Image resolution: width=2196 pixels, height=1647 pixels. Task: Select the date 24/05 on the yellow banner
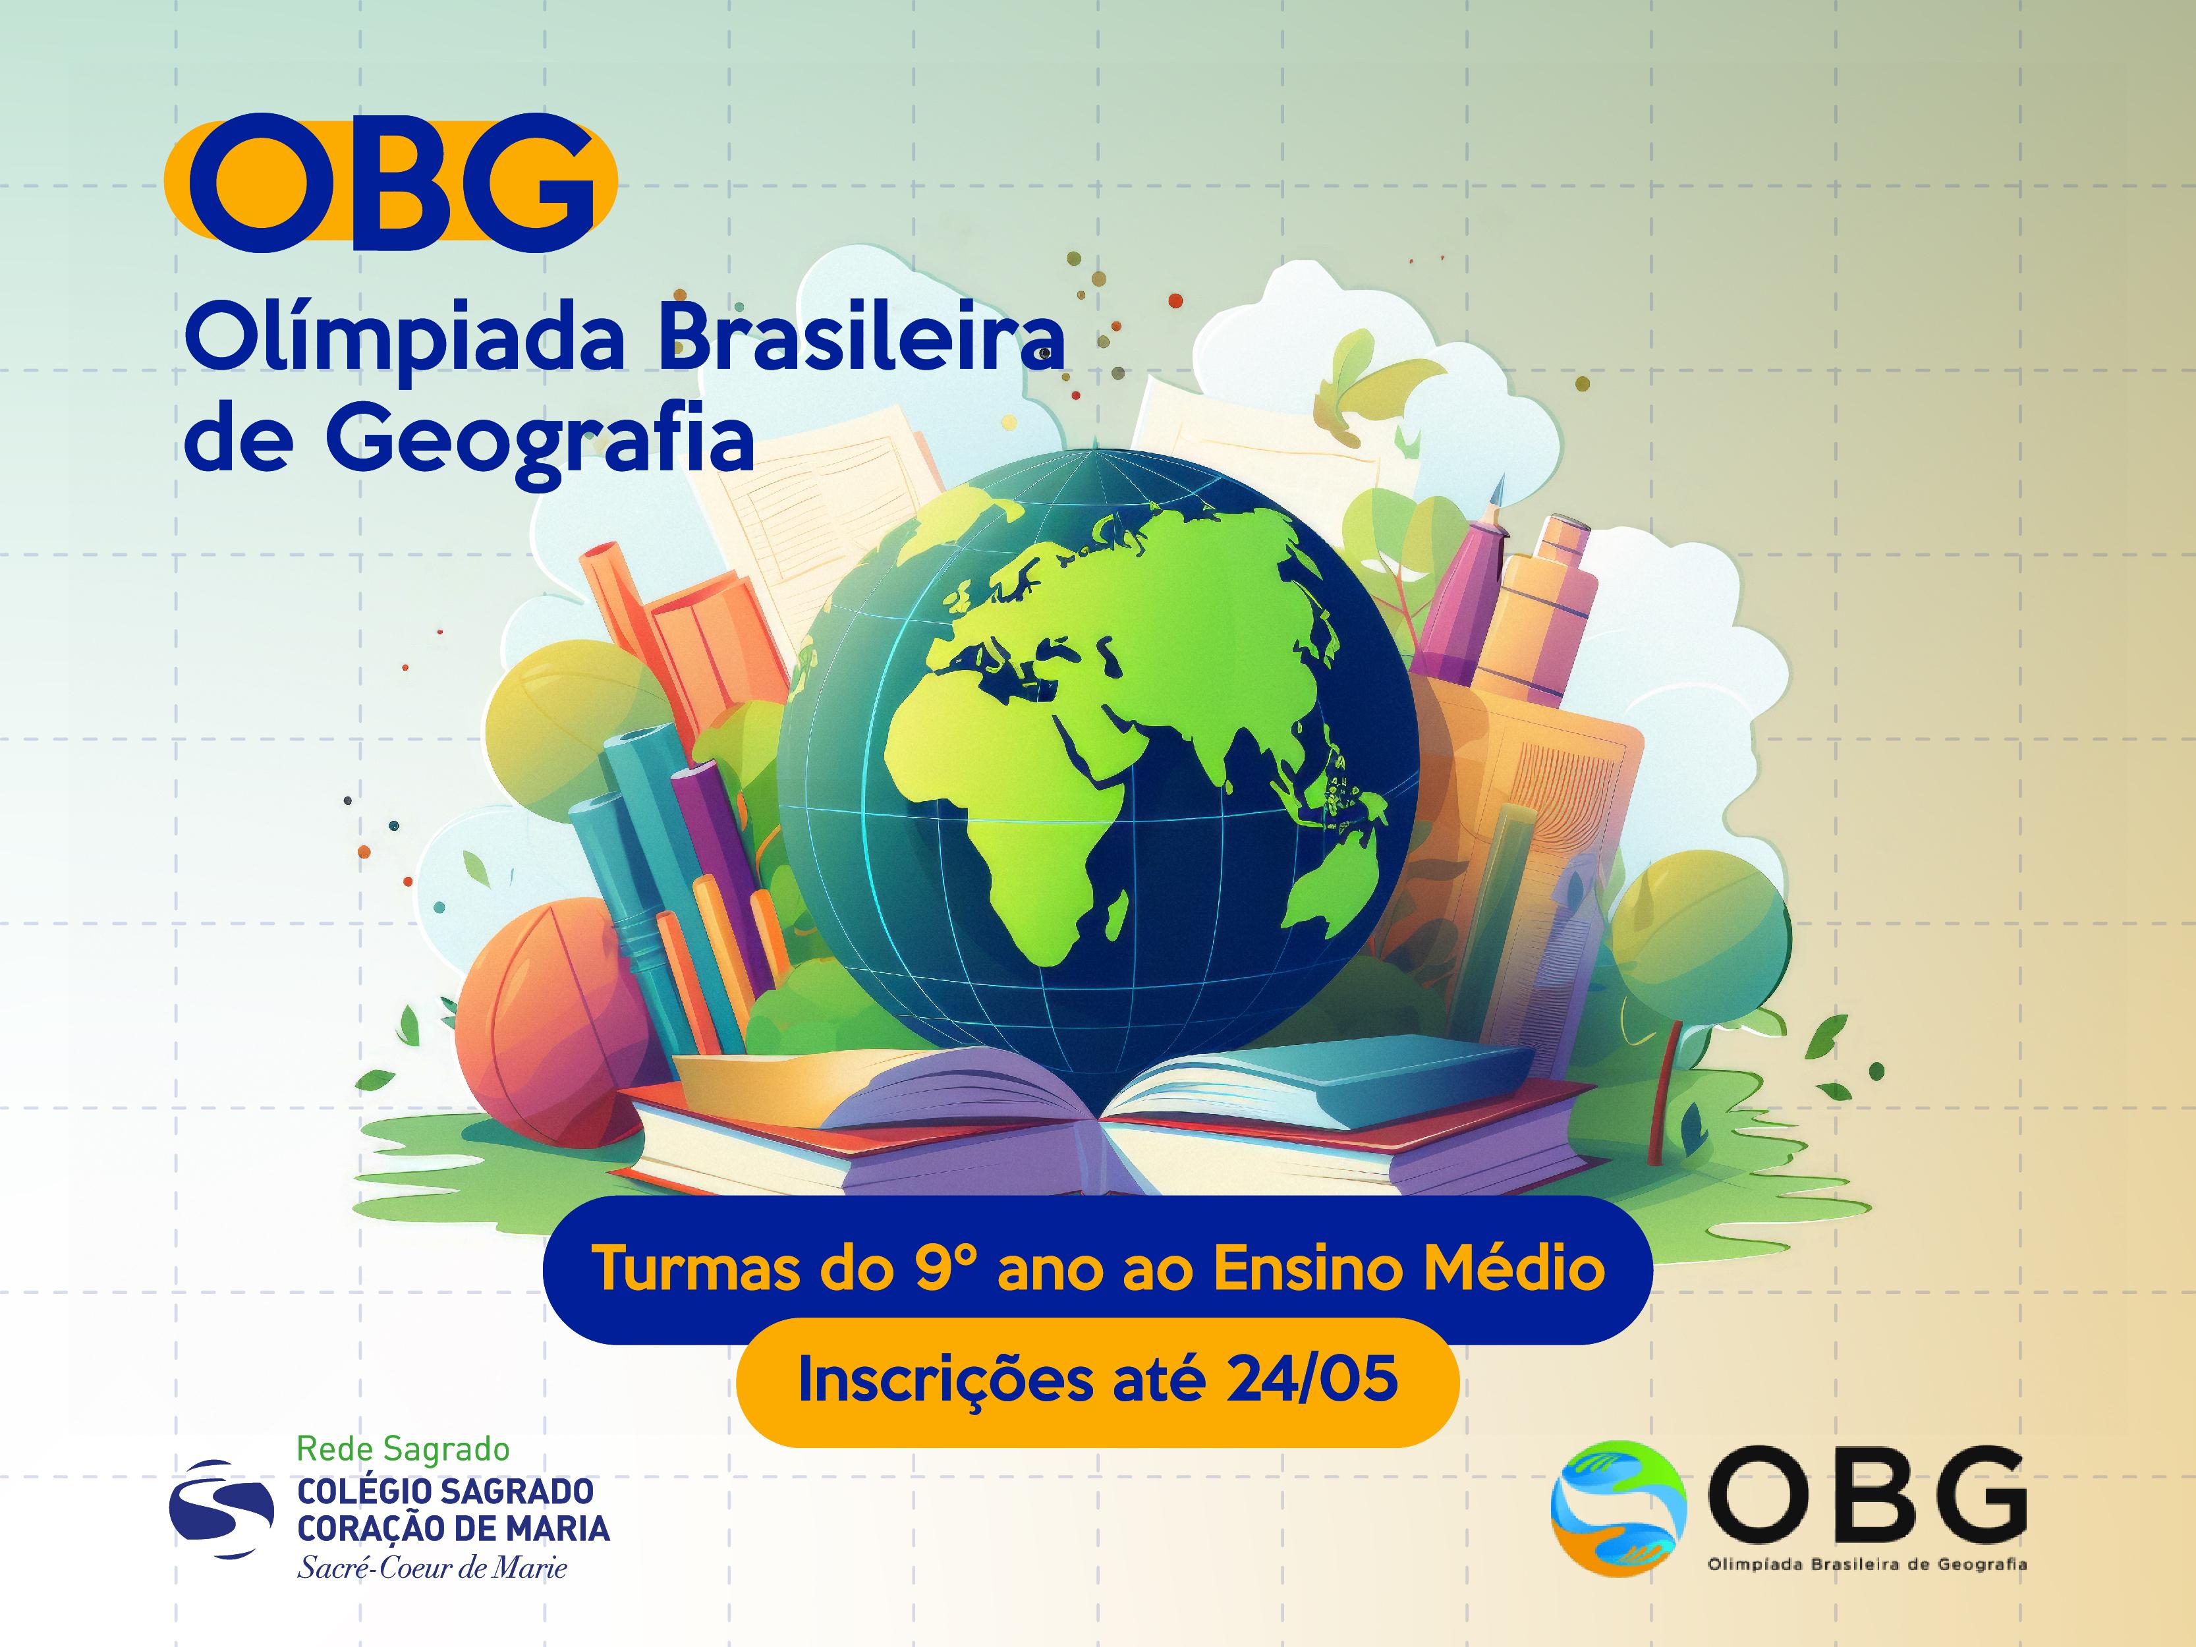click(x=1311, y=1379)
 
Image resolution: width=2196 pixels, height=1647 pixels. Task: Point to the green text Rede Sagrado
click(x=403, y=1449)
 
